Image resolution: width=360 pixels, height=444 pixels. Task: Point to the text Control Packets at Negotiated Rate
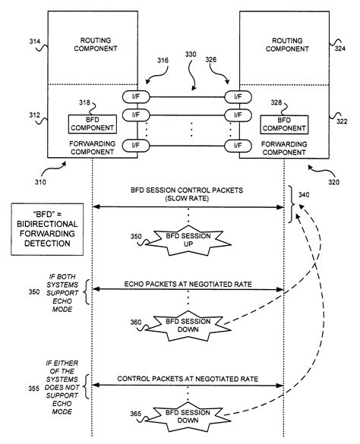coord(187,377)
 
